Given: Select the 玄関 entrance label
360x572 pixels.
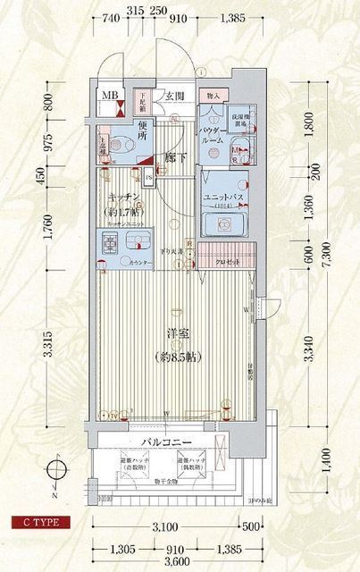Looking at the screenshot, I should coord(174,96).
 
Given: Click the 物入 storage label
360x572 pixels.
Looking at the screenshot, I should coord(213,95).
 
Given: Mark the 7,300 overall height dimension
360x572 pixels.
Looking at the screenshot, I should coord(330,259).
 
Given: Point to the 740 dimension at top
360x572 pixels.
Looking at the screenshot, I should coord(112,17).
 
